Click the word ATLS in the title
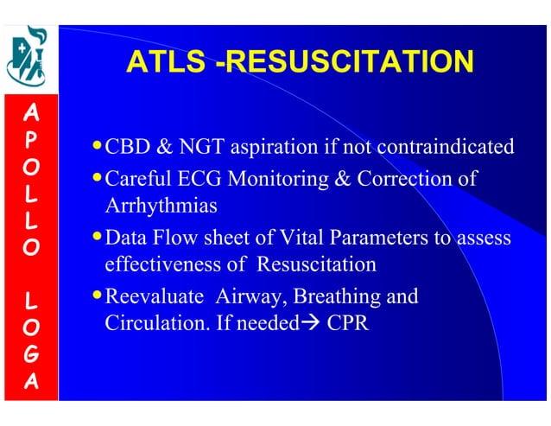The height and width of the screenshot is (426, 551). (165, 63)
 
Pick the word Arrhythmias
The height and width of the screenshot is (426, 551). (161, 207)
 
